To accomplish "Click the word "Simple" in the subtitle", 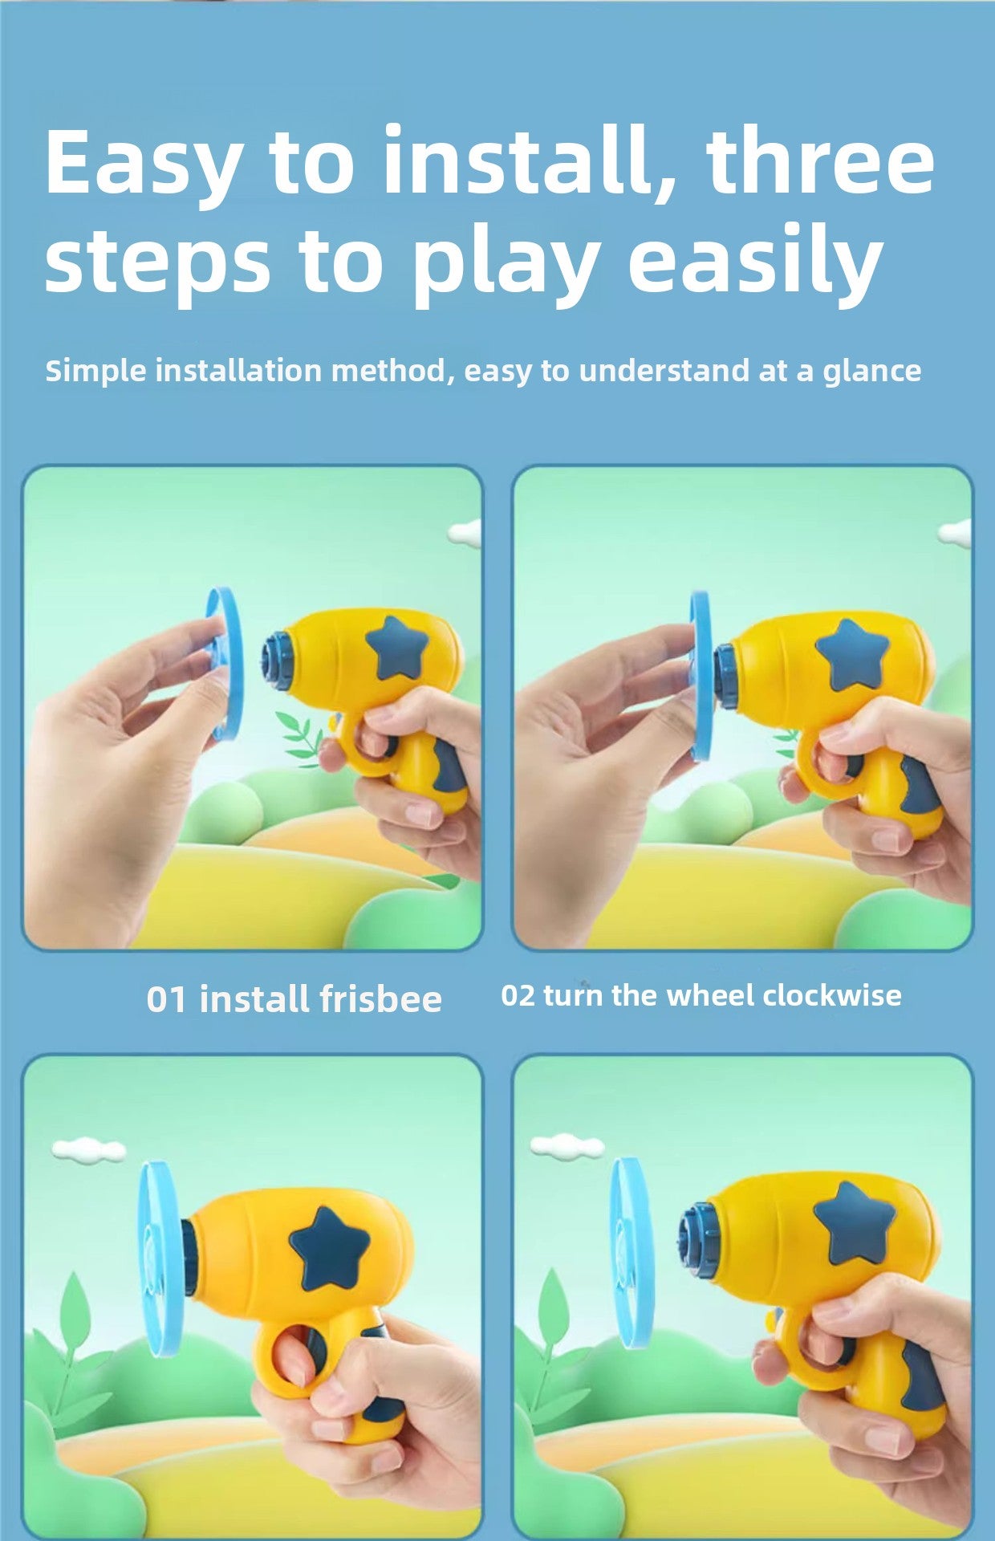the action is coord(96,372).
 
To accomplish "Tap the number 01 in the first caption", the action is coord(167,1000).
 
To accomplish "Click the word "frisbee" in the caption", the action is coord(380,999).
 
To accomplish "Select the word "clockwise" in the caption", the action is coord(831,995).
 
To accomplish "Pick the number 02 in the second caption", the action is coord(518,996).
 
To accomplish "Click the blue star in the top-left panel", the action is coord(395,647).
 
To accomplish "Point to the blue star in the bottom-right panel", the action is coord(853,1223).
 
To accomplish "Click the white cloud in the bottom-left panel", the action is coord(89,1150).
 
